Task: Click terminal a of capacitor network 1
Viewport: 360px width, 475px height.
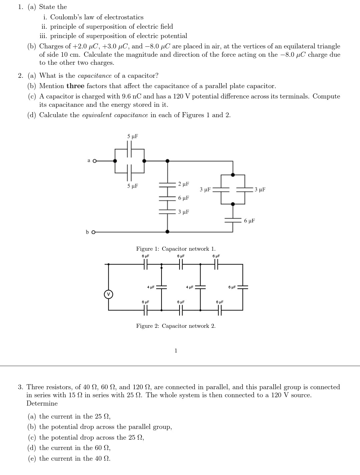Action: pyautogui.click(x=94, y=161)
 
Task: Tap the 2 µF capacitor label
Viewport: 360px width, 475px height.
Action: pyautogui.click(x=184, y=184)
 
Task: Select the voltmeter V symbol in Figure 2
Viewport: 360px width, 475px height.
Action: pyautogui.click(x=108, y=294)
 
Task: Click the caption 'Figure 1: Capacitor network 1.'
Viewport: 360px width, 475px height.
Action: pyautogui.click(x=176, y=249)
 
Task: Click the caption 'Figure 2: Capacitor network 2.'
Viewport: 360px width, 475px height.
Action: pyautogui.click(x=176, y=326)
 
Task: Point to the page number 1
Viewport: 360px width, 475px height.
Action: pyautogui.click(x=176, y=350)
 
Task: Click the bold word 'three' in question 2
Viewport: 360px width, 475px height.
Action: pyautogui.click(x=75, y=86)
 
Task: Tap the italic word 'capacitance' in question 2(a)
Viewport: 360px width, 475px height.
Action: pyautogui.click(x=94, y=76)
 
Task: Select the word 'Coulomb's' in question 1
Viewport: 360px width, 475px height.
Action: pyautogui.click(x=63, y=17)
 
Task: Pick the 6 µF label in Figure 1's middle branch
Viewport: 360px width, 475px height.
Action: pyautogui.click(x=184, y=198)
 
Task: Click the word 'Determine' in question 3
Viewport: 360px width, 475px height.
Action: pyautogui.click(x=42, y=403)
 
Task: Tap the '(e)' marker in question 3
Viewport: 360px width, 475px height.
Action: pyautogui.click(x=32, y=458)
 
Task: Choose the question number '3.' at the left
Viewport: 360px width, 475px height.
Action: pyautogui.click(x=21, y=387)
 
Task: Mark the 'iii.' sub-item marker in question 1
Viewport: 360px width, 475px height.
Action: pyautogui.click(x=44, y=36)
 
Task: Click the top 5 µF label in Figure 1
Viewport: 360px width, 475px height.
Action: pyautogui.click(x=132, y=136)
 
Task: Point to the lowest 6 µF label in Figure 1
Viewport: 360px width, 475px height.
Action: pyautogui.click(x=250, y=221)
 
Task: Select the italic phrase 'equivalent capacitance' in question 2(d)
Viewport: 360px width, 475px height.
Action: pyautogui.click(x=115, y=115)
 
